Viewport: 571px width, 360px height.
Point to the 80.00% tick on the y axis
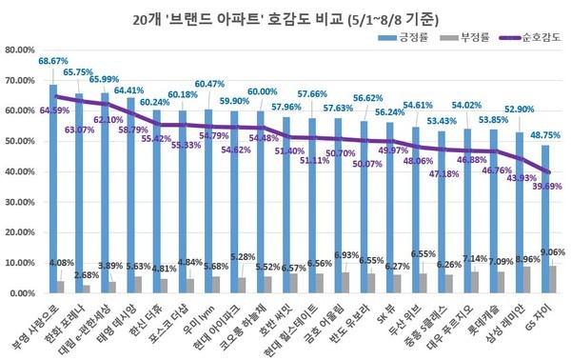[x=21, y=50]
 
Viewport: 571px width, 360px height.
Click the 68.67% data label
[x=55, y=60]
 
